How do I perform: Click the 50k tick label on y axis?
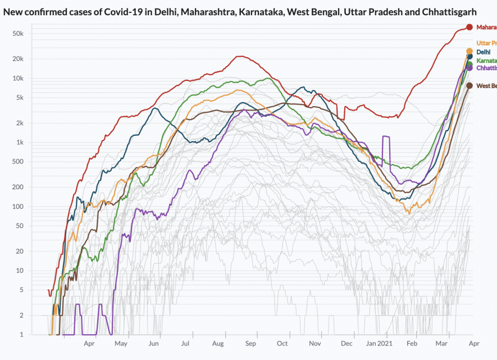pyautogui.click(x=18, y=34)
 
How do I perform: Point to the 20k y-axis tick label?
pyautogui.click(x=18, y=59)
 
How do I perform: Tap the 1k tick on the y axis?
pyautogui.click(x=20, y=142)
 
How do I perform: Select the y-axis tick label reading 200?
pyautogui.click(x=17, y=187)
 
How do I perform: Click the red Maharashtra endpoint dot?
pyautogui.click(x=469, y=27)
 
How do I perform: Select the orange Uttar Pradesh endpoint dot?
pyautogui.click(x=469, y=51)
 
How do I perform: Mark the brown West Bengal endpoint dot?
pyautogui.click(x=469, y=85)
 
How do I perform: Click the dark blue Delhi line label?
pyautogui.click(x=484, y=52)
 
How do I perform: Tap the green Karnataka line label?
pyautogui.click(x=486, y=60)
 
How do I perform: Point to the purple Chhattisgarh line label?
pyautogui.click(x=486, y=68)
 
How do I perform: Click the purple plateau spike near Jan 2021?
pyautogui.click(x=386, y=136)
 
